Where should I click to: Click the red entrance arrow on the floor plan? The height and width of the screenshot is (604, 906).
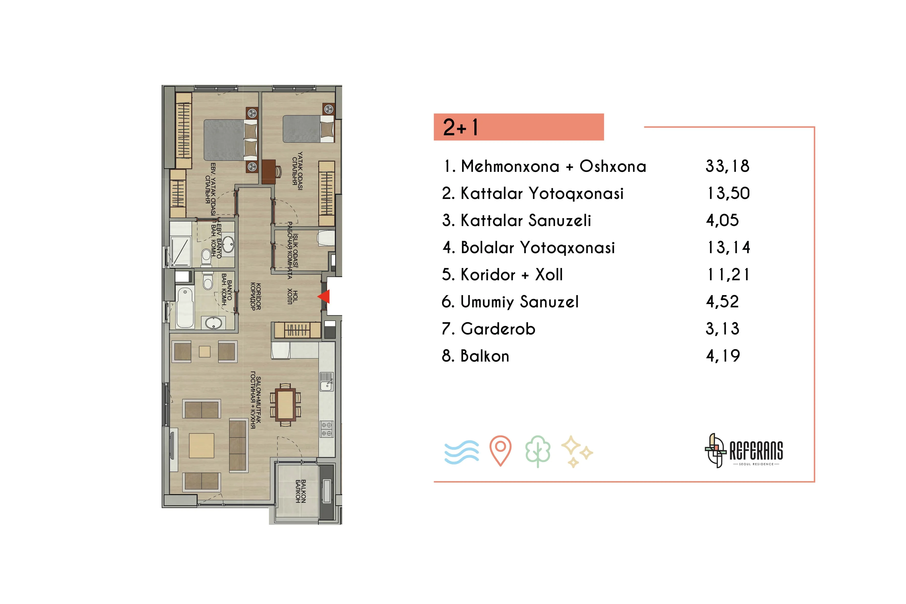point(324,297)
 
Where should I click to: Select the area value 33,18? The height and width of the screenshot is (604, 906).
point(727,166)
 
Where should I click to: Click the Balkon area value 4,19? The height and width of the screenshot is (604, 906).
point(723,355)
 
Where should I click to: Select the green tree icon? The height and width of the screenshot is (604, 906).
point(538,451)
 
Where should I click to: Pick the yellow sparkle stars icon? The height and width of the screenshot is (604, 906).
point(577,451)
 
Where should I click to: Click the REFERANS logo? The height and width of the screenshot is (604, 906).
point(744,451)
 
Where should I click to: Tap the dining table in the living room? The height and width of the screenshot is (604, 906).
point(285,405)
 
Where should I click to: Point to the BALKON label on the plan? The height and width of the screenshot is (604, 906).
point(300,491)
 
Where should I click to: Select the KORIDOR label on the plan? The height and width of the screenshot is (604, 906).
point(255,297)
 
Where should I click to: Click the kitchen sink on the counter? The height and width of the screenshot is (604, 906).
point(327,382)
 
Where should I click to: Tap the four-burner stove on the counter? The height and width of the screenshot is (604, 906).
point(327,429)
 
